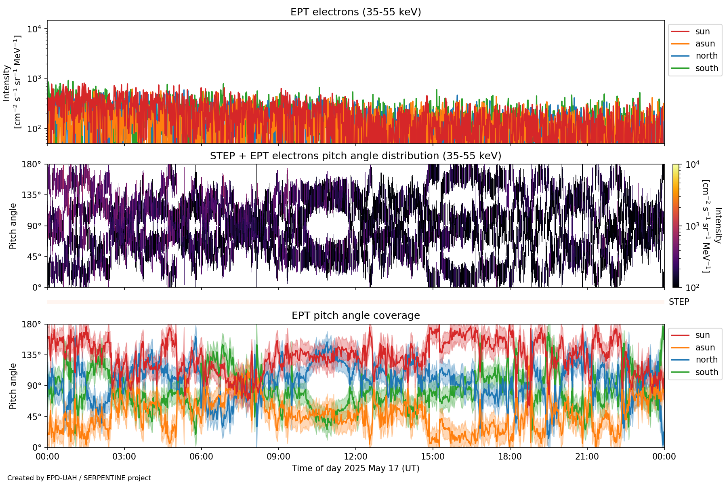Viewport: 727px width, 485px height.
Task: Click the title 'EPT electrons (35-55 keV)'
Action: [x=355, y=12]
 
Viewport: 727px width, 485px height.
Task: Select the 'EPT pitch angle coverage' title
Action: [x=355, y=316]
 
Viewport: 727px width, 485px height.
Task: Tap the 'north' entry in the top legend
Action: [x=706, y=56]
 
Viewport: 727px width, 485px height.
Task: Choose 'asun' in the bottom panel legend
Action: [x=705, y=348]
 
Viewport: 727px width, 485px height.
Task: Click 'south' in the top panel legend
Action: [x=706, y=68]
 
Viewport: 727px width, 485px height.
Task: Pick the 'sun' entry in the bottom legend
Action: [x=702, y=335]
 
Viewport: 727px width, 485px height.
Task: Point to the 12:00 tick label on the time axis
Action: [x=355, y=457]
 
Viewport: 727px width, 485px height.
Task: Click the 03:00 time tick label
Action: [x=124, y=457]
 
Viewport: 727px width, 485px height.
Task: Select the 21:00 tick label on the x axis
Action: [x=587, y=457]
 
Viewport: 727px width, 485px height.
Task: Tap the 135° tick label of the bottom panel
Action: [x=32, y=355]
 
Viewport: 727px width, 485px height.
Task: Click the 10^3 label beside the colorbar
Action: [x=692, y=226]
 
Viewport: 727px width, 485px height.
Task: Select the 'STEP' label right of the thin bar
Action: [x=679, y=302]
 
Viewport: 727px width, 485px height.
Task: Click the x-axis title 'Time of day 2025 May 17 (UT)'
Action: [x=355, y=468]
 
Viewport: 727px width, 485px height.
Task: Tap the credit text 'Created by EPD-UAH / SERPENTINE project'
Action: [x=79, y=478]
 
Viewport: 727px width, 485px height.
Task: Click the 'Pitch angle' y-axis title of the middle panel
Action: [x=13, y=226]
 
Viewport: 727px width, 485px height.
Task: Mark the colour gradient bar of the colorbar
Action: [x=676, y=226]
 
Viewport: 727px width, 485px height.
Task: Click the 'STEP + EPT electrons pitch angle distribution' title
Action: [x=355, y=156]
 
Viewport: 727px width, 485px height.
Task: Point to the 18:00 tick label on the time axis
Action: [x=510, y=457]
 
